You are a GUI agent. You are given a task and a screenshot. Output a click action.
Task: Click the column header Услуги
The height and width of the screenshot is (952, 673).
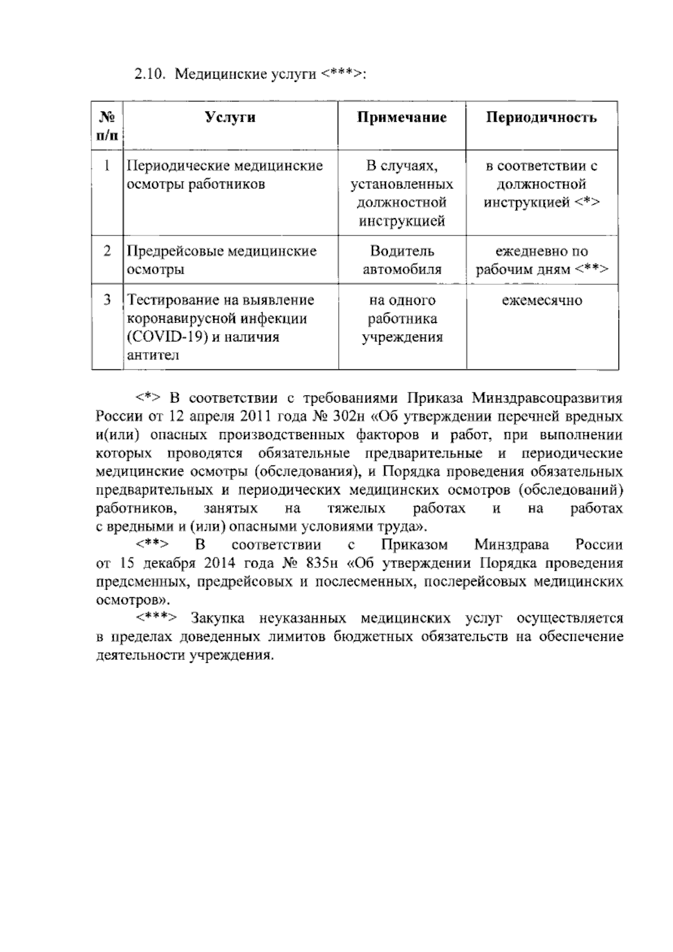click(230, 117)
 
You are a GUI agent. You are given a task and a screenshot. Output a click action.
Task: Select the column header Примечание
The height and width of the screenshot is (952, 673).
click(402, 117)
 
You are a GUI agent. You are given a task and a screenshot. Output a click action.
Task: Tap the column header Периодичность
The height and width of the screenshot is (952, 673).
click(541, 117)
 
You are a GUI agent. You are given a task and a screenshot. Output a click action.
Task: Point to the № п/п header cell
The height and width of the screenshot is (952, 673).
click(107, 126)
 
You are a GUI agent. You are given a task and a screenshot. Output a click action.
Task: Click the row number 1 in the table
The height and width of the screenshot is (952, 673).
click(107, 166)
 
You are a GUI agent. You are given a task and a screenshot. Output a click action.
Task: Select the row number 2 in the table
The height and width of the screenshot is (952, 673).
click(107, 251)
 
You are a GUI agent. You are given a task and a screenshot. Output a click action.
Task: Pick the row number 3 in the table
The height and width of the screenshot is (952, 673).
click(107, 300)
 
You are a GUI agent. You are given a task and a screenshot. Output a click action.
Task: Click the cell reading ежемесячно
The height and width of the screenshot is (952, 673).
click(542, 301)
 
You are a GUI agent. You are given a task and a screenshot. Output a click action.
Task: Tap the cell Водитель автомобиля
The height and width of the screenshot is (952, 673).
click(402, 260)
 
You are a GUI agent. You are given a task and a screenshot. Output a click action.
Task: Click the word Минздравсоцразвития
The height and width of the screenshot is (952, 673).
click(547, 399)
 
